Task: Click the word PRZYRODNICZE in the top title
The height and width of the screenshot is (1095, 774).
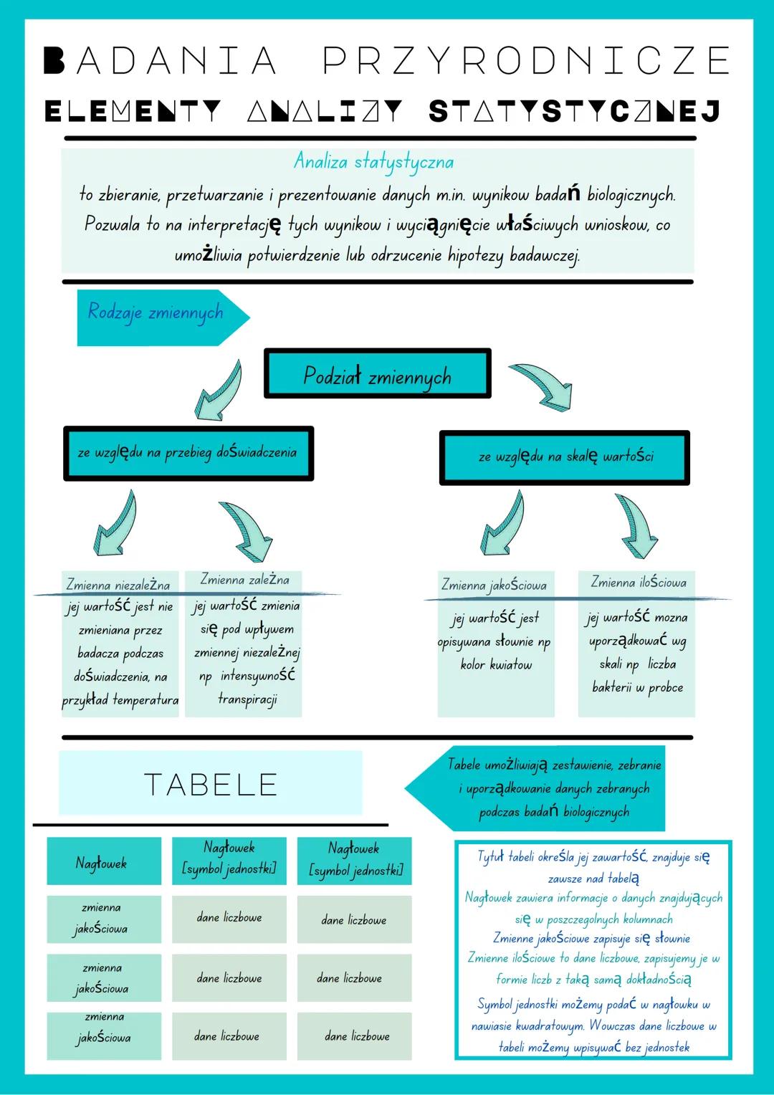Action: (x=527, y=60)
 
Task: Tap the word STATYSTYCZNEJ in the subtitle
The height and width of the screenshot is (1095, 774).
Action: (x=574, y=112)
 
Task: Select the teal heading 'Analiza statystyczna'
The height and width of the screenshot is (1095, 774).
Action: (x=373, y=162)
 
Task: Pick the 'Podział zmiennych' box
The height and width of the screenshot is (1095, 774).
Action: (x=378, y=374)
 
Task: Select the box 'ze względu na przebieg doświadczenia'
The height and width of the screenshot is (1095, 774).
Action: (x=188, y=453)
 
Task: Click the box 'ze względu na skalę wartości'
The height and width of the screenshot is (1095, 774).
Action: (x=565, y=457)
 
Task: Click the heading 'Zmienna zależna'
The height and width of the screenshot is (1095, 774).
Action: (x=244, y=580)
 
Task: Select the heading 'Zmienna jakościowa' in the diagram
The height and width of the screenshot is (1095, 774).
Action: (x=494, y=585)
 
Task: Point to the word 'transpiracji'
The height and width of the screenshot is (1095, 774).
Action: (x=247, y=699)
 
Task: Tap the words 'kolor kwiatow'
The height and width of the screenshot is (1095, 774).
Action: (x=496, y=665)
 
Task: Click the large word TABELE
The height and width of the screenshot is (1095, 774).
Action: (x=211, y=784)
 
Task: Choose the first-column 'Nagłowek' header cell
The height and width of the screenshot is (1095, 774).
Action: (x=102, y=862)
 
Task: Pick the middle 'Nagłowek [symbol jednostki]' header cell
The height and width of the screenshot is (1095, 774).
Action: (x=229, y=859)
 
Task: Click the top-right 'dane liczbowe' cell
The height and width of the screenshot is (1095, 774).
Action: (x=353, y=919)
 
